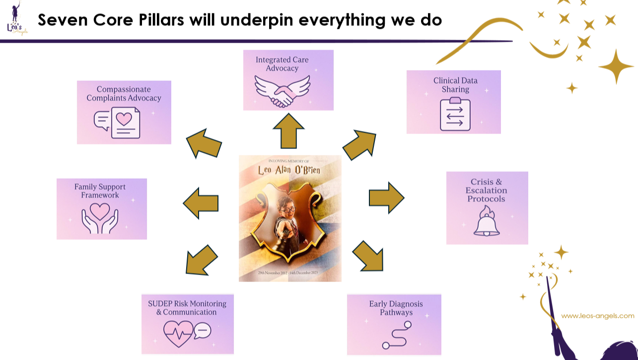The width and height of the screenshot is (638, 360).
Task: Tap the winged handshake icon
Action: pos(282,90)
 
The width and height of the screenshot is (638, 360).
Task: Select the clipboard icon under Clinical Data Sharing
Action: pos(455,115)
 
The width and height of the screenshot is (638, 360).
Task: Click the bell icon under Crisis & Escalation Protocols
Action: pos(487,222)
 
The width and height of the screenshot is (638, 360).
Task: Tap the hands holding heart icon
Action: pos(101,218)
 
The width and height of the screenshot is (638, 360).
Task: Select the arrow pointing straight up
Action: pos(288,131)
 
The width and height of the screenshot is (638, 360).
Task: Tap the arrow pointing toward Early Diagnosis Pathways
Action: pos(369,255)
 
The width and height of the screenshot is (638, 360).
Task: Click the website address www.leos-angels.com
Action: pos(597,316)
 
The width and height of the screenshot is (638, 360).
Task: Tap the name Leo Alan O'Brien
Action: pos(290,171)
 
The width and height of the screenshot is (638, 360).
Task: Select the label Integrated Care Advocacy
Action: pos(282,64)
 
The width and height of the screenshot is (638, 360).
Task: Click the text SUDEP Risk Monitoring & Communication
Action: pos(187,308)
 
